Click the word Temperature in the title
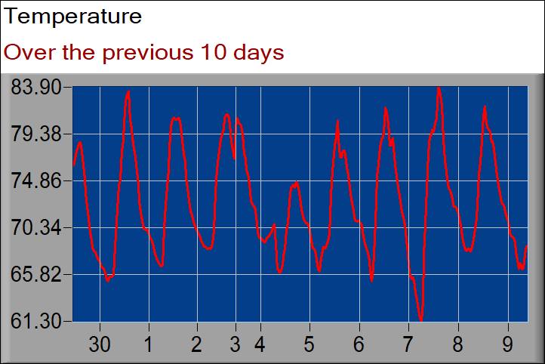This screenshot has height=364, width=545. (x=73, y=16)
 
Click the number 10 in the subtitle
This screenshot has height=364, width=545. (x=213, y=53)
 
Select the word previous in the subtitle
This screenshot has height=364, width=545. (x=147, y=54)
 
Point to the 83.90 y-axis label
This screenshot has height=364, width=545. (x=35, y=87)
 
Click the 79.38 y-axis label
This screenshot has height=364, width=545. (x=35, y=134)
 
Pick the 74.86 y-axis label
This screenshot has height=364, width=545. (x=35, y=180)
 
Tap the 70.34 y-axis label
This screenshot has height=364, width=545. (x=35, y=228)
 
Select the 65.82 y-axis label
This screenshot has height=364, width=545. (x=35, y=275)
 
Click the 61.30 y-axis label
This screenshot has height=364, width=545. (x=35, y=321)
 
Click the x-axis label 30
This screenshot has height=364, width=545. (x=100, y=344)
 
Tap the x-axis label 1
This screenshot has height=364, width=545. (x=149, y=344)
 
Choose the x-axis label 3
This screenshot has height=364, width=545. (x=236, y=344)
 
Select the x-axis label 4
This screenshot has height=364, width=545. (x=260, y=344)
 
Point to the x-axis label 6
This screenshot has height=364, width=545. (x=359, y=344)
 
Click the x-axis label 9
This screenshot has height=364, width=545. (x=508, y=344)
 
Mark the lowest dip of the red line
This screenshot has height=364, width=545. (x=421, y=320)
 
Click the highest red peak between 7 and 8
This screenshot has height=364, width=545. (x=439, y=88)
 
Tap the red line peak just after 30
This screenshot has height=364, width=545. (x=128, y=92)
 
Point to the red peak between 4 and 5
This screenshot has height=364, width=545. (x=296, y=183)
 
